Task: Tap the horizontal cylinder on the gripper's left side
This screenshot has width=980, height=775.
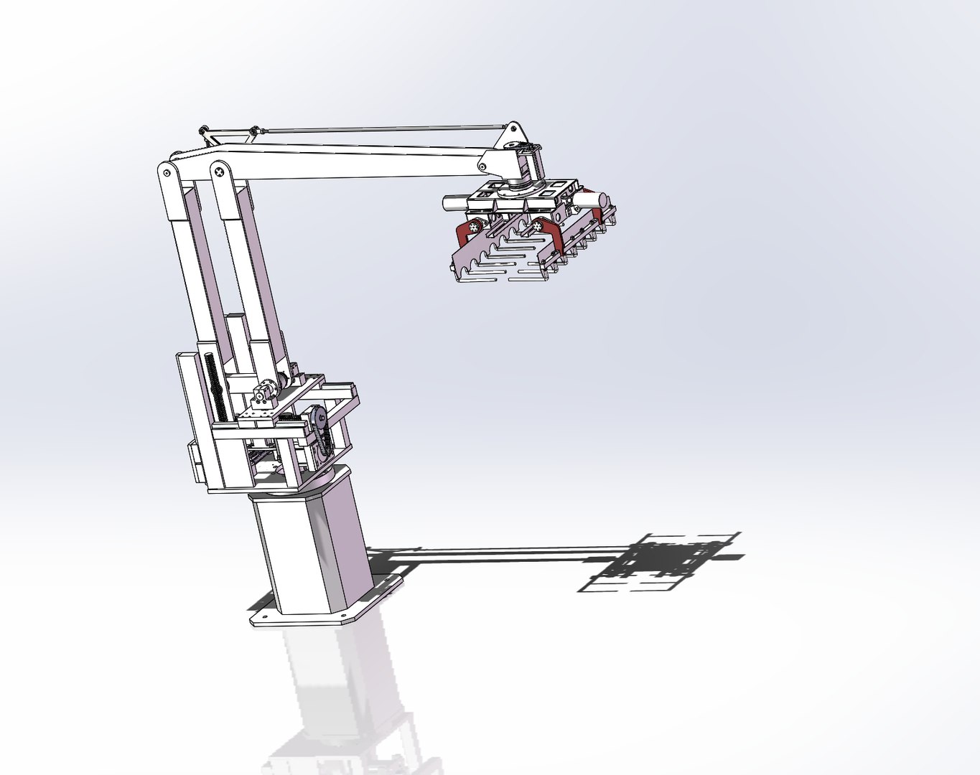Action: click(x=457, y=203)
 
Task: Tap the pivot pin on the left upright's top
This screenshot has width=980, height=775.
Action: click(x=167, y=172)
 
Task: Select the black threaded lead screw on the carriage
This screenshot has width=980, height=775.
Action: click(x=215, y=387)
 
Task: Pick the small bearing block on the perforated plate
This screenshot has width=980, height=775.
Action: click(x=263, y=394)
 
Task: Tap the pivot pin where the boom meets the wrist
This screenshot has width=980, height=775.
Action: click(x=482, y=167)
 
